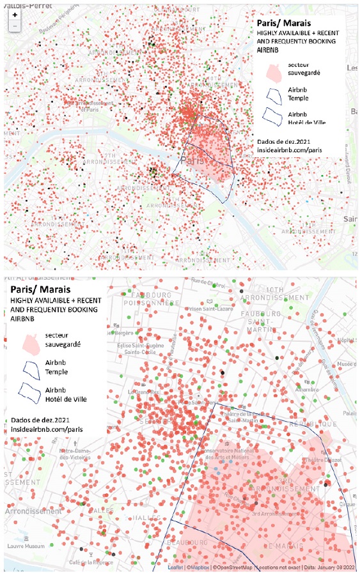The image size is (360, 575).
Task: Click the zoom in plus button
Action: [15, 13]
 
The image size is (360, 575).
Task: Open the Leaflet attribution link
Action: [175, 567]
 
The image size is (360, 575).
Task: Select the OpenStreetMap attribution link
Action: [234, 567]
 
